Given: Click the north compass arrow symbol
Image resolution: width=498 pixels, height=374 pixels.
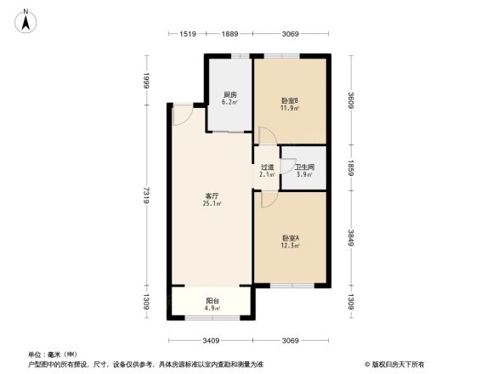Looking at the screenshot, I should pyautogui.click(x=27, y=20).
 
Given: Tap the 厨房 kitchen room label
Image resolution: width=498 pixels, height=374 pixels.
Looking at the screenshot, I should pyautogui.click(x=229, y=94).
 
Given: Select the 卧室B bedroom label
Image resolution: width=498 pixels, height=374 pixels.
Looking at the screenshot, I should pyautogui.click(x=290, y=100).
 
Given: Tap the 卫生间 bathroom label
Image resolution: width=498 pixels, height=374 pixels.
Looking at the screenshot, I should pyautogui.click(x=304, y=167).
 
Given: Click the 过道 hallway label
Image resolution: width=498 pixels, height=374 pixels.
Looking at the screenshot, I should pyautogui.click(x=267, y=167).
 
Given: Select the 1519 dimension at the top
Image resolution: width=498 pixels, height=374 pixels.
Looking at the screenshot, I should pyautogui.click(x=189, y=33).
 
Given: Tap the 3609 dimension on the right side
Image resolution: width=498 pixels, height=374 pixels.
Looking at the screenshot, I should pyautogui.click(x=350, y=100).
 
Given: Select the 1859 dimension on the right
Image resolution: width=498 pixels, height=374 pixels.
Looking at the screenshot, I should pyautogui.click(x=350, y=167).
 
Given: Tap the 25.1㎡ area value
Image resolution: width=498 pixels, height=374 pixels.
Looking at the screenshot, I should pyautogui.click(x=212, y=204).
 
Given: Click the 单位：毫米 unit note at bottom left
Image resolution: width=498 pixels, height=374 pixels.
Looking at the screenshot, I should pyautogui.click(x=53, y=354).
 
